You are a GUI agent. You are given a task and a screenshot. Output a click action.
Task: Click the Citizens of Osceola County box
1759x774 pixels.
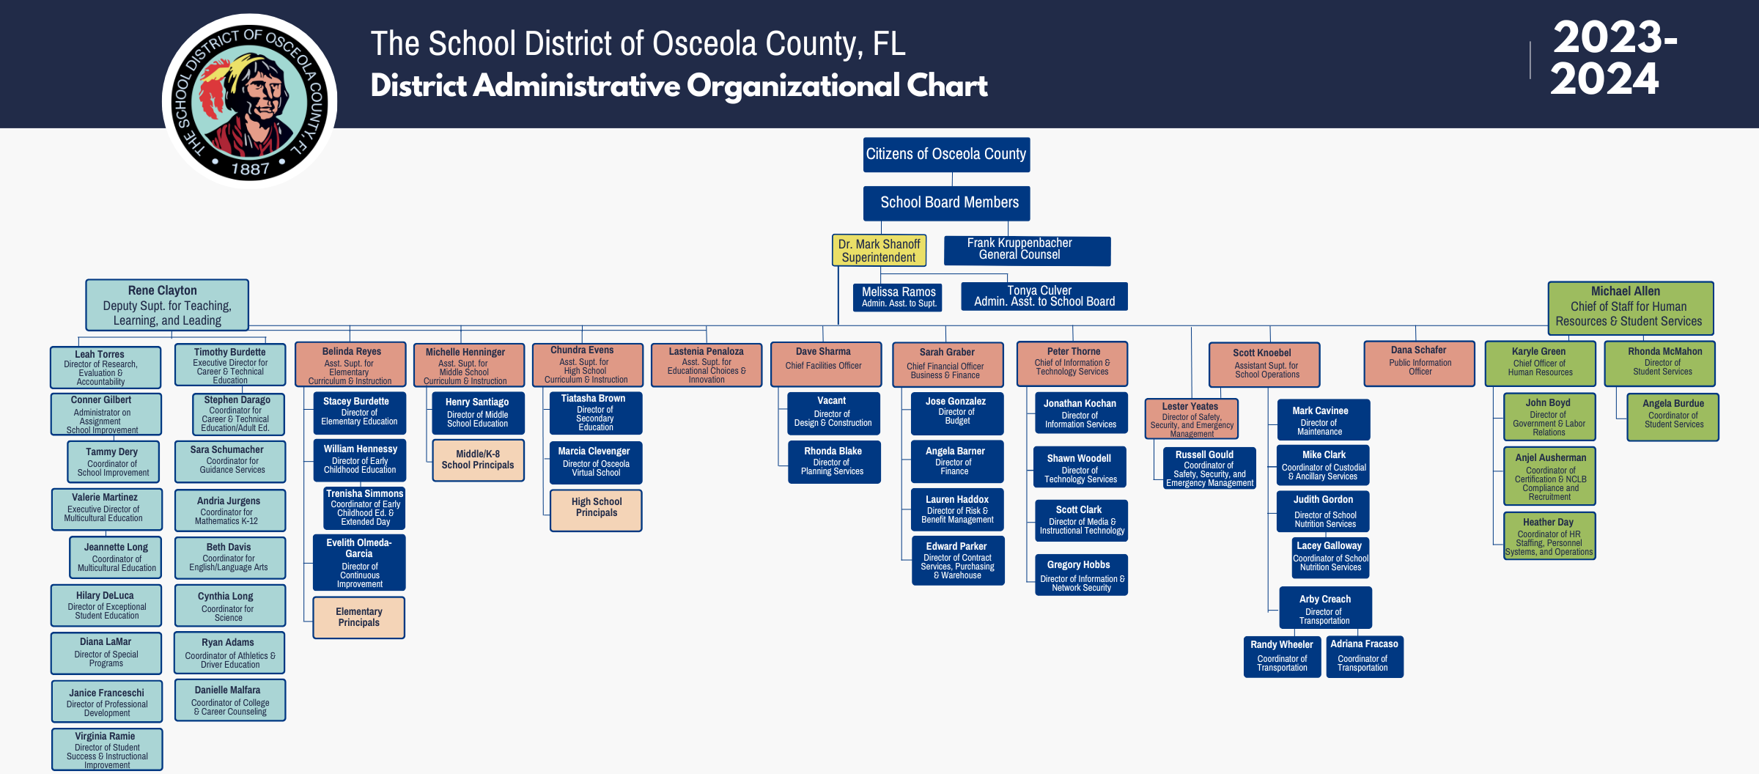[x=946, y=155]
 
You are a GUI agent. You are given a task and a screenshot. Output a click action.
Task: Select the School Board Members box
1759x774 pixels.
[x=946, y=203]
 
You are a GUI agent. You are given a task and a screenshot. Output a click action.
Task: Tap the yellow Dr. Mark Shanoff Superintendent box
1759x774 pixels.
[x=879, y=251]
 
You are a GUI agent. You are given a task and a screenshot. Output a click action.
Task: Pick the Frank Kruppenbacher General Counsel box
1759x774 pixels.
[x=1027, y=250]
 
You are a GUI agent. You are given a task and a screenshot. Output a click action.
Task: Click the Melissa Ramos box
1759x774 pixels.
[x=898, y=297]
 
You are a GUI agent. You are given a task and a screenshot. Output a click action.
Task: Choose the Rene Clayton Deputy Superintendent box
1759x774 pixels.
[x=167, y=305]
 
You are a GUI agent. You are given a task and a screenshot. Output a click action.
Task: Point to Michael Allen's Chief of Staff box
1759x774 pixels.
[x=1630, y=307]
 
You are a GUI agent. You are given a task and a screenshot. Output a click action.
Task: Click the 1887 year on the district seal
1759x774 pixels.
[x=250, y=169]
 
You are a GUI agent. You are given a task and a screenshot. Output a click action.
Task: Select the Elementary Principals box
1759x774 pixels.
[x=359, y=617]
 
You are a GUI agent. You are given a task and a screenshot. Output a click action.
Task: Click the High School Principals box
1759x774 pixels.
[x=596, y=510]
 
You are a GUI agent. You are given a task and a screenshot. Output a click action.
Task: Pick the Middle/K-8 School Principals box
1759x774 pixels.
[x=478, y=460]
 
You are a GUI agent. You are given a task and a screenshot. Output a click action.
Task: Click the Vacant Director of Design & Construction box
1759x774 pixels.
[x=833, y=413]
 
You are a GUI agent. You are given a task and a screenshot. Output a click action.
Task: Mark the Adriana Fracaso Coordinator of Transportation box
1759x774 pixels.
[x=1364, y=656]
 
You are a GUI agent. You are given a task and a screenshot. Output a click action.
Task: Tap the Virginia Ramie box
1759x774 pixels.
[x=107, y=749]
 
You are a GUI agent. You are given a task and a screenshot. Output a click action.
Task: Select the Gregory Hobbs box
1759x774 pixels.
[x=1081, y=575]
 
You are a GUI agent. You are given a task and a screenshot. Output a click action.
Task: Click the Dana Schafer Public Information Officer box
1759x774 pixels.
[x=1419, y=363]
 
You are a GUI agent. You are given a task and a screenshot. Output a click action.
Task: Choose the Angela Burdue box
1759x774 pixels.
[x=1673, y=417]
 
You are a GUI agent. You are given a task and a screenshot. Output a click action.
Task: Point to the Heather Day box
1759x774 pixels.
[x=1549, y=536]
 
